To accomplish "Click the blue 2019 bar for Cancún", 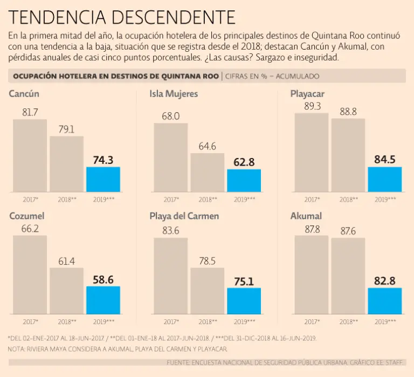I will point(103,179).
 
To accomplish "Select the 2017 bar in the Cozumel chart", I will point(30,275).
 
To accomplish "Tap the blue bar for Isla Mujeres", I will point(244,181).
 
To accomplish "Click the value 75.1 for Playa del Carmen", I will point(244,280).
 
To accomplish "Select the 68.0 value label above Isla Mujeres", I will point(170,116).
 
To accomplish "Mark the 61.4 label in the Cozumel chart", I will point(66,261).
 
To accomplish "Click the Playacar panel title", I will point(307,94).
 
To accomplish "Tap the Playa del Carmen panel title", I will point(184,216).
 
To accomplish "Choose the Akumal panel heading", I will point(306,216).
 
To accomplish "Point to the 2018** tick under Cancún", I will point(67,200).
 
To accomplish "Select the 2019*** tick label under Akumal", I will point(385,321).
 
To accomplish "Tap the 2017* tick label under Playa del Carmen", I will point(171,321).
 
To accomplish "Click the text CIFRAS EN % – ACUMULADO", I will point(272,76).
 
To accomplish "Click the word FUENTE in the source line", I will point(181,362).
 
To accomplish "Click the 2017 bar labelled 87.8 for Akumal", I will point(312,275).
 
